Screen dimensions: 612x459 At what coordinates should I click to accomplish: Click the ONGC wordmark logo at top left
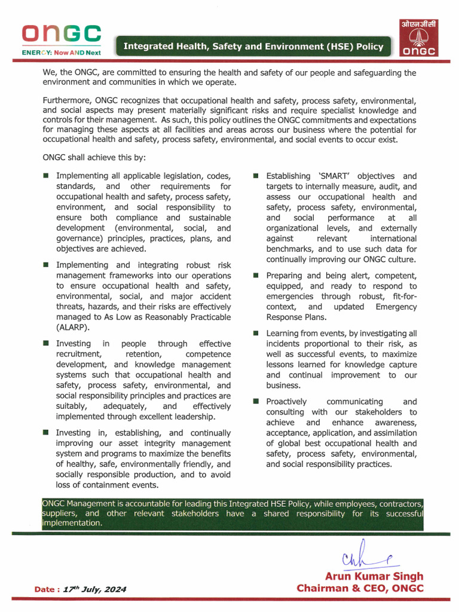click(x=61, y=34)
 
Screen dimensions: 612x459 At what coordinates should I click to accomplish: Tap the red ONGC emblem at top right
click(x=418, y=39)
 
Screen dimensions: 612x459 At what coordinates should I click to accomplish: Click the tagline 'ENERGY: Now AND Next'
click(x=61, y=53)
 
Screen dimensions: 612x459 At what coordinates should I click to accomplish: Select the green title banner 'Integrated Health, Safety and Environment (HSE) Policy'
click(x=253, y=46)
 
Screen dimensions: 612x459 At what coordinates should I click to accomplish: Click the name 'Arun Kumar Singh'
click(x=374, y=576)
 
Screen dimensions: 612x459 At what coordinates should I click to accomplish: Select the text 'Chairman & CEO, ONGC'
click(x=360, y=588)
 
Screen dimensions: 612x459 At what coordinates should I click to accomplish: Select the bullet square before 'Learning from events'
click(x=255, y=333)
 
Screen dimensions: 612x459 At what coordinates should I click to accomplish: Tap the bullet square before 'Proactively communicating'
click(x=255, y=402)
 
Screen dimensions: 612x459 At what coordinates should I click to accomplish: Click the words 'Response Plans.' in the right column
click(x=296, y=317)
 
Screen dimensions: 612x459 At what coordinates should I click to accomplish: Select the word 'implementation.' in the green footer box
click(x=72, y=522)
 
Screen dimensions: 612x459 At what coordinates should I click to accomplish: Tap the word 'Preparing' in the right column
click(x=284, y=276)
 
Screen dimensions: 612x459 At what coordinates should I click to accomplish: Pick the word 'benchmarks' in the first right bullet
click(x=291, y=249)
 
